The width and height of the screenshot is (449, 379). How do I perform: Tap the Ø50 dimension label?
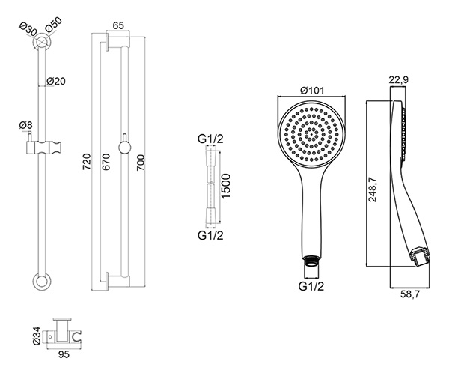click(x=54, y=25)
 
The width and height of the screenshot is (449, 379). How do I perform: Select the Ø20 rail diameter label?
click(x=56, y=82)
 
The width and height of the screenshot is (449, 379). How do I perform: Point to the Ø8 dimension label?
click(x=26, y=125)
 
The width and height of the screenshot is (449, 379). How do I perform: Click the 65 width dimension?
click(x=117, y=25)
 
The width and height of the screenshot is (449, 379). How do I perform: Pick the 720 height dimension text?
click(x=87, y=161)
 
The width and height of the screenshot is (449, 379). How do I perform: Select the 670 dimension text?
click(x=106, y=162)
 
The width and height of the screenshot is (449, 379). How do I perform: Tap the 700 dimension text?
click(x=141, y=163)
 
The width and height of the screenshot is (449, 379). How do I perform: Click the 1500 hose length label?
click(x=226, y=186)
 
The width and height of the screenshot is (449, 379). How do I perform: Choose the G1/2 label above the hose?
click(x=210, y=139)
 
